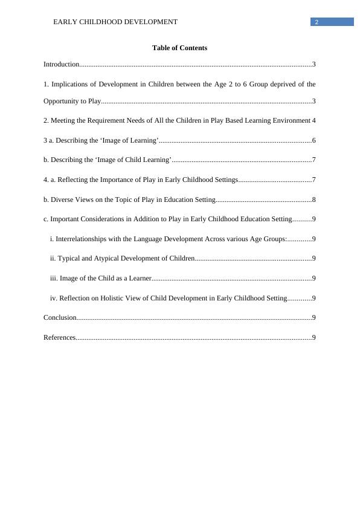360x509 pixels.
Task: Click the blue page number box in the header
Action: [332, 22]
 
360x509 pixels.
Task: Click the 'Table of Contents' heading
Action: [179, 48]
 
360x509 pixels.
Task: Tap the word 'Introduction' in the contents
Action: [61, 64]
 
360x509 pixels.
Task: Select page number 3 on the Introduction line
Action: [314, 64]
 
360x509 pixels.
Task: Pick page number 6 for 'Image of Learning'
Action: [314, 140]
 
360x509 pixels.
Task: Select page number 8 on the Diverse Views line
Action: [314, 199]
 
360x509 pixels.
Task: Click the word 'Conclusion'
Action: [60, 317]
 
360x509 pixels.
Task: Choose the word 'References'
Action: [59, 337]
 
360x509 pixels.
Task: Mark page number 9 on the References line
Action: [314, 337]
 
